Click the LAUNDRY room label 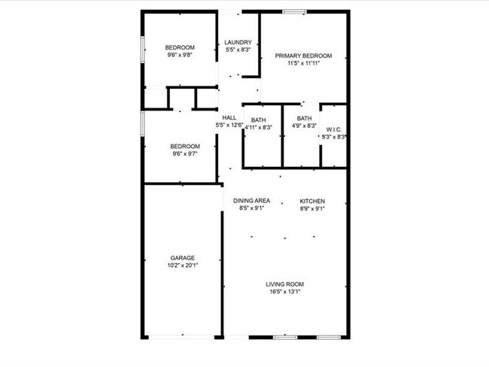[238, 42]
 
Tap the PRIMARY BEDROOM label [304, 56]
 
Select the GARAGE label [182, 257]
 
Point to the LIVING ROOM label [284, 284]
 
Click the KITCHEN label [312, 201]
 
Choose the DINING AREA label [251, 201]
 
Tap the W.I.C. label [333, 129]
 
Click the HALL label [229, 117]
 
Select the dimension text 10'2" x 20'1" [182, 265]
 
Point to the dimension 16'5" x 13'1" [284, 292]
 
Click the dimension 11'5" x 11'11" [304, 63]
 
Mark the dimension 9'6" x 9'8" [181, 55]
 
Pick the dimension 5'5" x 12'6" [229, 125]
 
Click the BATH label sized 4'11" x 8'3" [259, 120]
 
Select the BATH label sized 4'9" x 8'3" [304, 118]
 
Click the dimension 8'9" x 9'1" [312, 208]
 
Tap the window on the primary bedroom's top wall [294, 11]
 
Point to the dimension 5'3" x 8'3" [333, 137]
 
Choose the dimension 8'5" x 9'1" [251, 208]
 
